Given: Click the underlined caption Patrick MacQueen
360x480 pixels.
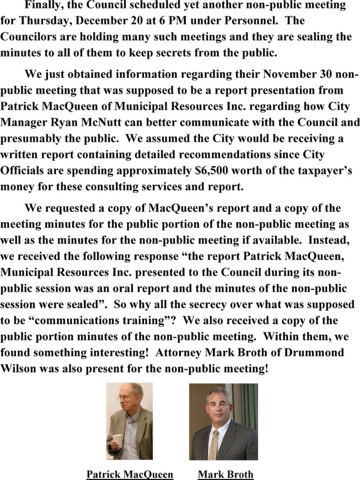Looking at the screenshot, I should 130,474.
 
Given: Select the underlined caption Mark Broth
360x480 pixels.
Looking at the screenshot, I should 225,474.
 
